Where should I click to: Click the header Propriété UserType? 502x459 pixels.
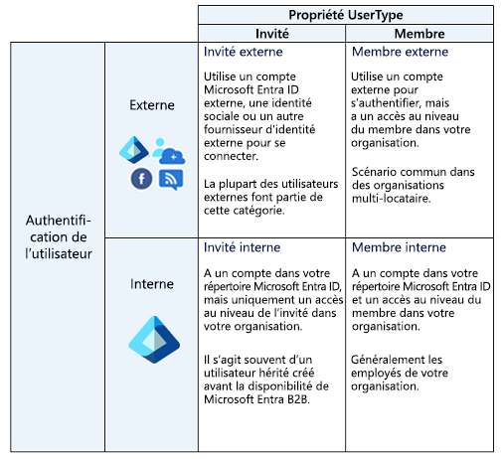[346, 15]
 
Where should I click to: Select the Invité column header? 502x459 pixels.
[272, 34]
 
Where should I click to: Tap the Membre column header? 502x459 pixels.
[419, 34]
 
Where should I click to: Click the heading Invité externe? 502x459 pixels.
[244, 52]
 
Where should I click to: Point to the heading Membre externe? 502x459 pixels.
[400, 52]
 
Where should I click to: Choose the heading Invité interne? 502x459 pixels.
[242, 247]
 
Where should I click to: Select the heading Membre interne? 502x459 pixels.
[399, 247]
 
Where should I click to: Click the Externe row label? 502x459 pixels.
[152, 105]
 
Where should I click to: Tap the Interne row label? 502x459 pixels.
[152, 284]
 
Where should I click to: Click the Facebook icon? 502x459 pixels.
[141, 179]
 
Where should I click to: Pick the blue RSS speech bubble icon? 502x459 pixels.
[171, 180]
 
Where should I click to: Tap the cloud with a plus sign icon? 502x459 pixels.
[172, 156]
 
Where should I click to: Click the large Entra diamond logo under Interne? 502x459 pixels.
[154, 340]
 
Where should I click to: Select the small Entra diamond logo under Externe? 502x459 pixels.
[134, 150]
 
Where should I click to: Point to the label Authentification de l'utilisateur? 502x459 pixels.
[59, 237]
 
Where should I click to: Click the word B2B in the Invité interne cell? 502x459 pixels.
[298, 399]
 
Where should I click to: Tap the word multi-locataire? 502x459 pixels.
[392, 199]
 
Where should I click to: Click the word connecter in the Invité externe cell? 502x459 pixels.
[231, 156]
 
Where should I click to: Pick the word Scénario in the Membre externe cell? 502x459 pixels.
[375, 172]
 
